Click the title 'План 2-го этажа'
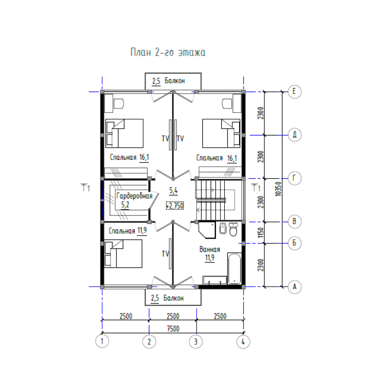(168, 52)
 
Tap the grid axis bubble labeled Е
(295, 91)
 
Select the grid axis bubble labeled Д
(295, 135)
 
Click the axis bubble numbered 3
(196, 341)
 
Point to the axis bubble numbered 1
(102, 341)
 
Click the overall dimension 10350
(278, 189)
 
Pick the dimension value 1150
(261, 233)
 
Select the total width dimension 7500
(173, 328)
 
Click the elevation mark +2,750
(175, 206)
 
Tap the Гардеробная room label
(134, 196)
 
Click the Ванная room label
(210, 249)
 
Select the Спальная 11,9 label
(128, 231)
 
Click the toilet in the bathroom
(233, 230)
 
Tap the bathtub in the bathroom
(234, 268)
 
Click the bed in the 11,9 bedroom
(123, 254)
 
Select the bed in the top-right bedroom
(221, 133)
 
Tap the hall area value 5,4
(174, 191)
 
